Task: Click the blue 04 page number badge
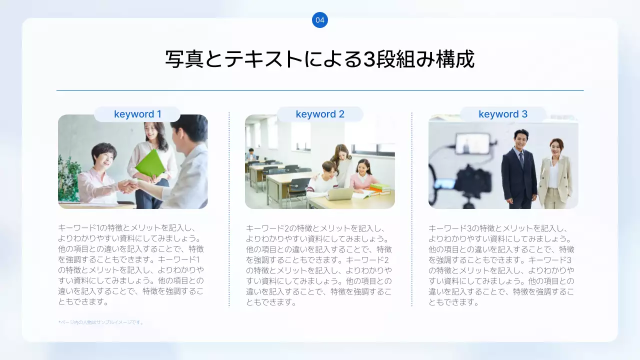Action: [320, 20]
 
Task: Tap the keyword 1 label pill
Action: [137, 114]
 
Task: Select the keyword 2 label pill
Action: [320, 114]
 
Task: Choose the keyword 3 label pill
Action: [503, 114]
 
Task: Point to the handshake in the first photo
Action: [128, 186]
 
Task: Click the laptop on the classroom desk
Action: [339, 193]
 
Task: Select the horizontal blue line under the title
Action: [320, 90]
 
